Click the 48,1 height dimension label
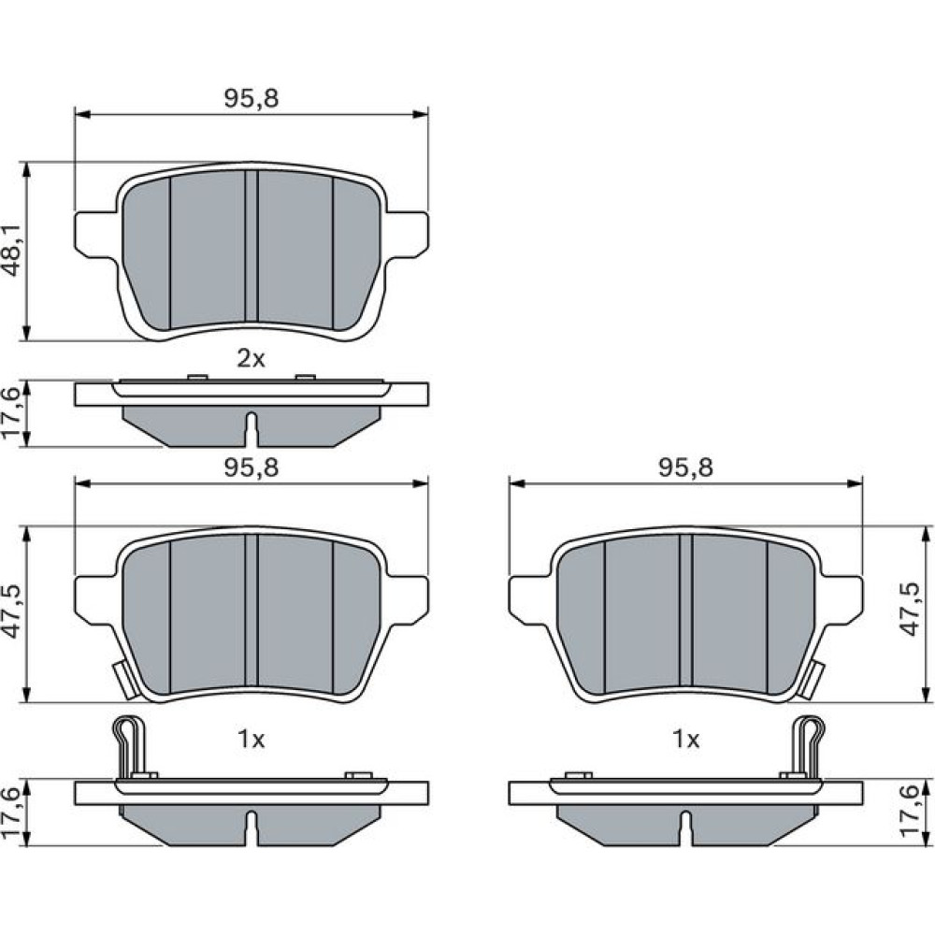click(x=13, y=251)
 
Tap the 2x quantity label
click(x=251, y=359)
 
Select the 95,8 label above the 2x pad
click(x=251, y=98)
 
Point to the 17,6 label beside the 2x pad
click(x=13, y=413)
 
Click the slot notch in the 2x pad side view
click(x=252, y=429)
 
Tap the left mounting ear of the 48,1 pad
click(x=96, y=235)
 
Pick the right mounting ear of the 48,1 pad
click(x=407, y=235)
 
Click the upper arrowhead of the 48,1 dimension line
click(x=26, y=170)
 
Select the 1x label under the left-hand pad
click(x=251, y=740)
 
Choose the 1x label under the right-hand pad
click(x=685, y=740)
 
